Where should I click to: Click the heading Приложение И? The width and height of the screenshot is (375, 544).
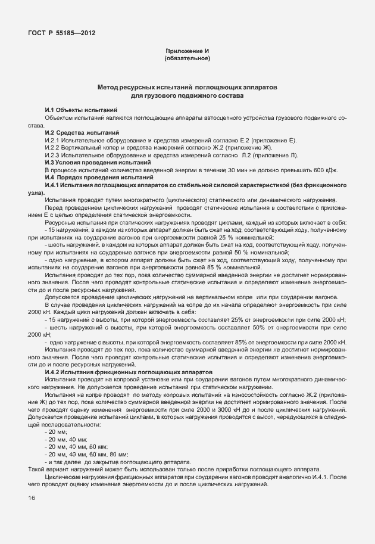[x=187, y=52]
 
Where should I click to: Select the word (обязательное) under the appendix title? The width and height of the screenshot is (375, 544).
[x=187, y=58]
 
